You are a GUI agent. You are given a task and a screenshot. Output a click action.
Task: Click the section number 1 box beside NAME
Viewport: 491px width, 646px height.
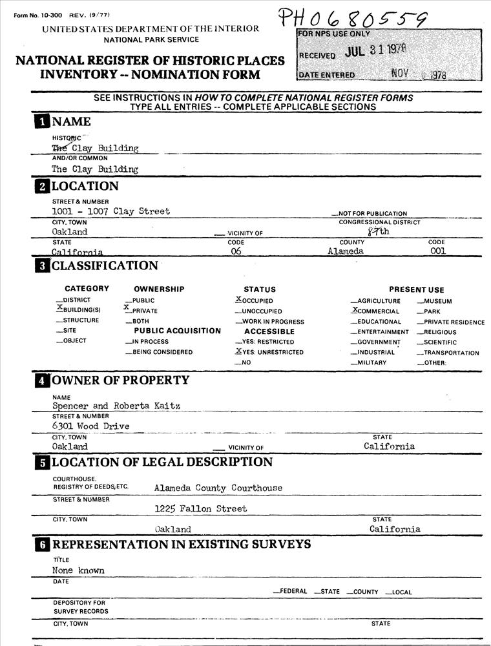click(41, 121)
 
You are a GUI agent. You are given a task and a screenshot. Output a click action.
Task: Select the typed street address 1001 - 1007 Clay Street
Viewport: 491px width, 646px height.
click(111, 211)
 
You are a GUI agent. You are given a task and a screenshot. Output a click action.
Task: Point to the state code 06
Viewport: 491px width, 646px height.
click(236, 251)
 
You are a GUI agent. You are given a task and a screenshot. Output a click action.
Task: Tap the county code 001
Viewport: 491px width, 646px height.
click(437, 251)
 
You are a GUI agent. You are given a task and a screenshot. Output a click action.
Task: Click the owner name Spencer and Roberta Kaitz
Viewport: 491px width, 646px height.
click(115, 406)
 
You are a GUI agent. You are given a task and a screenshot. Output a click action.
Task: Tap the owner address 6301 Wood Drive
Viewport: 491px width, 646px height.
click(90, 426)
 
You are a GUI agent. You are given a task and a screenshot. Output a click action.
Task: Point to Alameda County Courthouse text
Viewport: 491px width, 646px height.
click(218, 488)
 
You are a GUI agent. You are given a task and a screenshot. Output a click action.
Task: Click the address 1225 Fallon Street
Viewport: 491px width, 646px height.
click(200, 509)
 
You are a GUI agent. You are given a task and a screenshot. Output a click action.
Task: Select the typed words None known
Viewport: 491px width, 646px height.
click(78, 571)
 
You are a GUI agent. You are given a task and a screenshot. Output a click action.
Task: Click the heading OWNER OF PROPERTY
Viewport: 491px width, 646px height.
click(120, 380)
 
